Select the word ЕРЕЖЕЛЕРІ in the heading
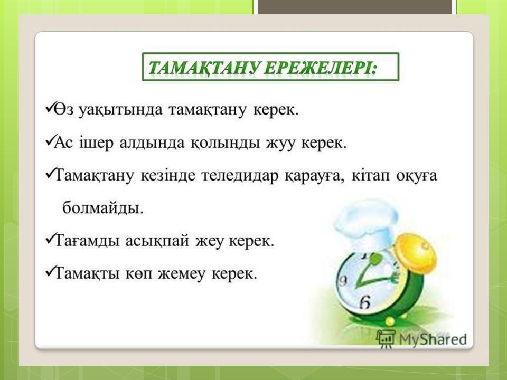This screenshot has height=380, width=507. pyautogui.click(x=321, y=68)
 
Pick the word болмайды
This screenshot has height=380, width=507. pyautogui.click(x=103, y=207)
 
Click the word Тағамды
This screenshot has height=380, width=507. pyautogui.click(x=87, y=241)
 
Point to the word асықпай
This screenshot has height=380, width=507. pyautogui.click(x=157, y=242)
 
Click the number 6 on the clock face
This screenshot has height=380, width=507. pyautogui.click(x=365, y=302)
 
